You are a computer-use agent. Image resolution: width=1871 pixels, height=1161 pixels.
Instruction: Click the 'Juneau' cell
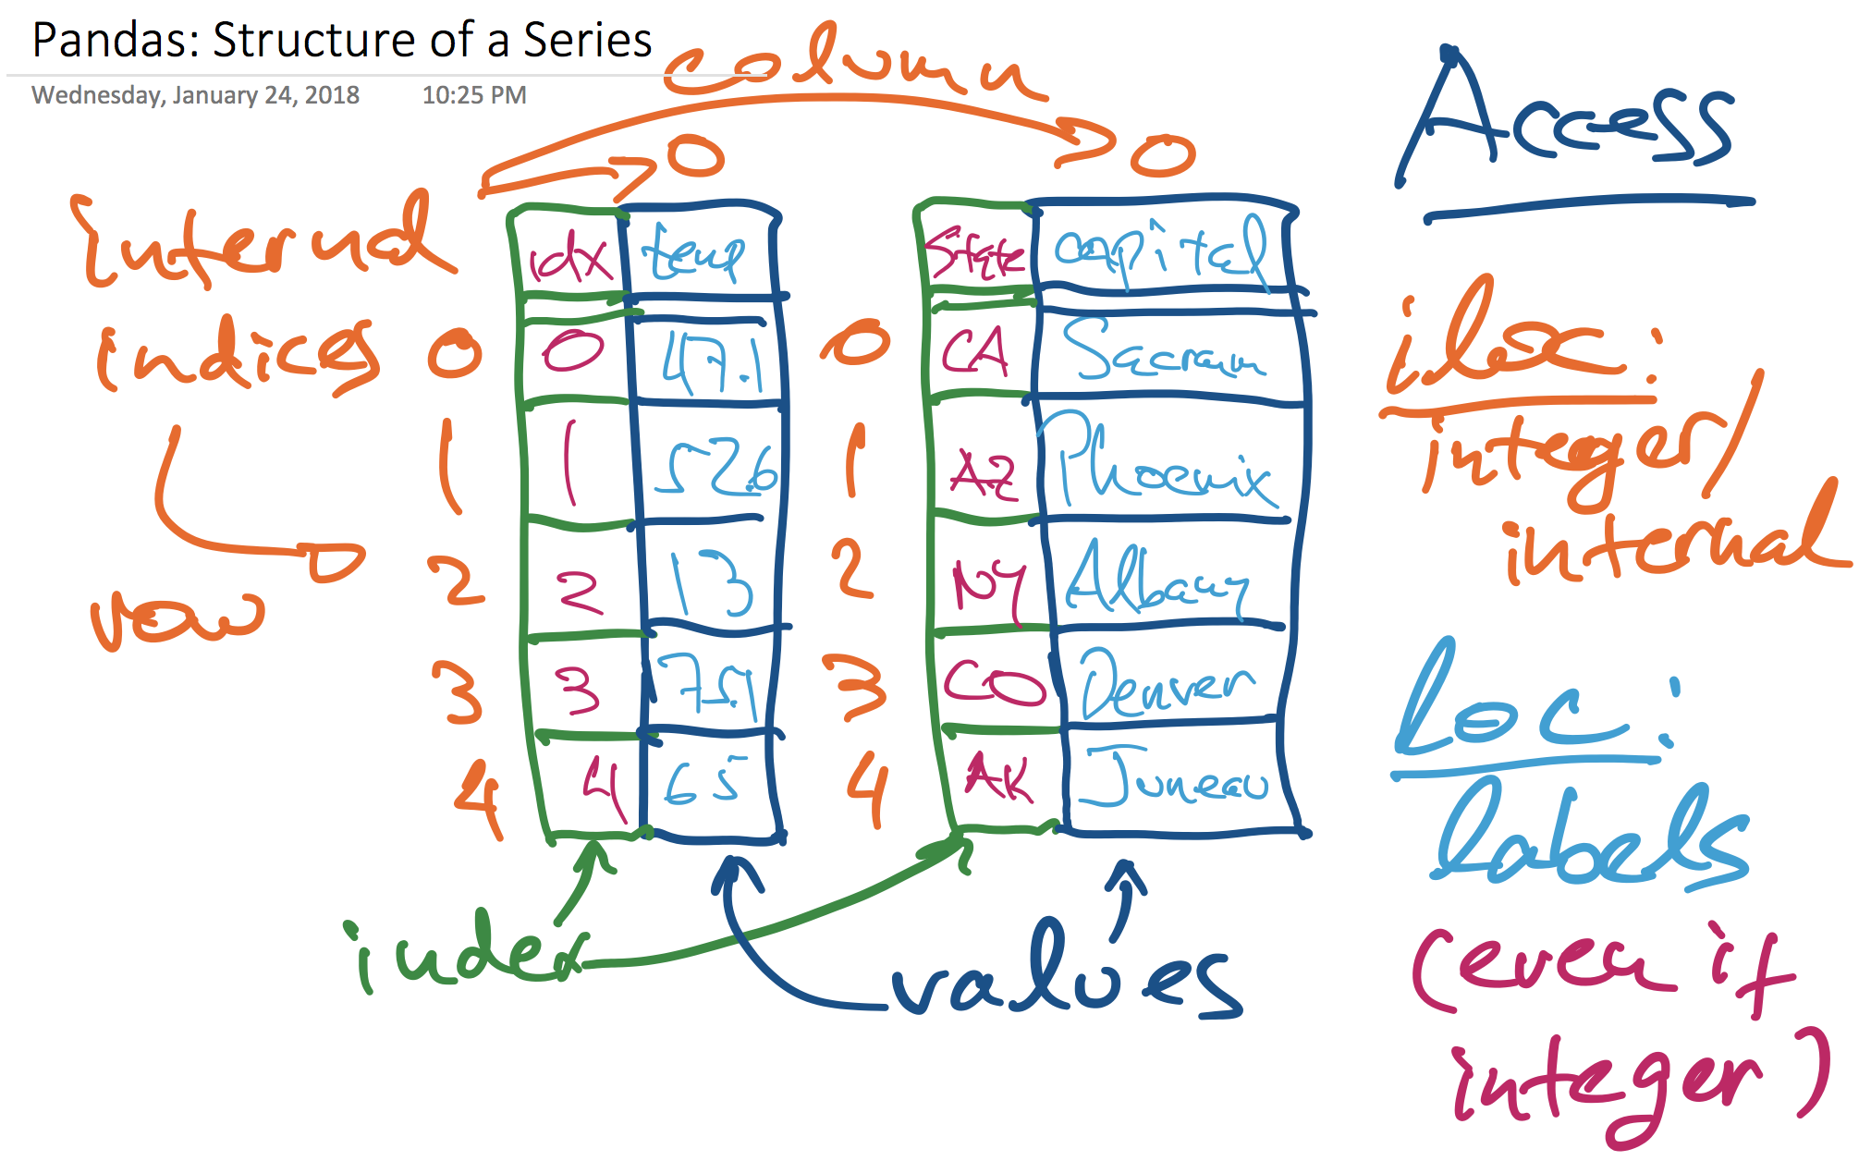click(x=1174, y=779)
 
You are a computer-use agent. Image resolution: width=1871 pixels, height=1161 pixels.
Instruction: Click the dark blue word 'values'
click(x=1063, y=975)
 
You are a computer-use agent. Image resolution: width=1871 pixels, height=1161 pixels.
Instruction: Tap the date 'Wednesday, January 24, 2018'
click(x=195, y=95)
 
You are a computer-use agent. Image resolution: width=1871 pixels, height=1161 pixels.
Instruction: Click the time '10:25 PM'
click(x=474, y=95)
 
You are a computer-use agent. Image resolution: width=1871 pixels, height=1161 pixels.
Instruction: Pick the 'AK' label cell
click(x=998, y=776)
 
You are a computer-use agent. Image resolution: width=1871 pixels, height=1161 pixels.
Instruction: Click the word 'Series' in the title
click(x=588, y=40)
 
